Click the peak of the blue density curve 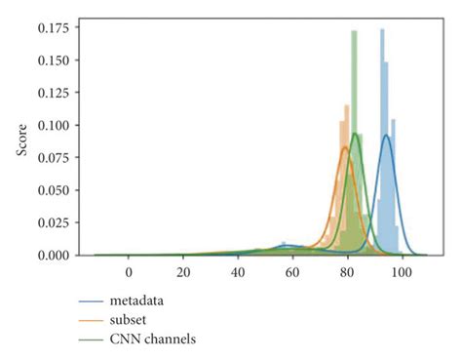tap(386, 136)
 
